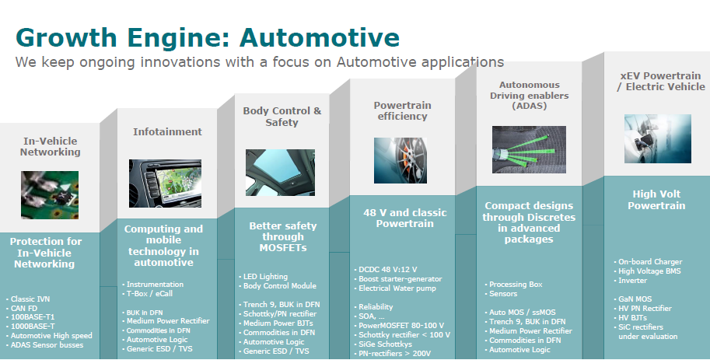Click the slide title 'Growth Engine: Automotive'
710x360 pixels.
coord(208,37)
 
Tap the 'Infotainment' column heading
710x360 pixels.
coord(167,131)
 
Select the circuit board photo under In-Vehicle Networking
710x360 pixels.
coord(50,195)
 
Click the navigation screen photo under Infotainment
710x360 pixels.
coord(166,183)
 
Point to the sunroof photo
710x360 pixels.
coord(280,173)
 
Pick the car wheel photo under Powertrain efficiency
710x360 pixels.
coord(400,160)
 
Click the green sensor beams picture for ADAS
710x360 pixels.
coord(529,149)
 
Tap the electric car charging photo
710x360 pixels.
coord(658,138)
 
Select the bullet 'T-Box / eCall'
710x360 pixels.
coord(148,293)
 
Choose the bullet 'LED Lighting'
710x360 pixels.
coord(263,277)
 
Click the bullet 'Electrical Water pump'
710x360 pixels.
coord(395,288)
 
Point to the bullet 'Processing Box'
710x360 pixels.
coord(513,285)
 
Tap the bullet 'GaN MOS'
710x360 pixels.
coord(633,299)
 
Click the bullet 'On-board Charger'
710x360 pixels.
coord(648,262)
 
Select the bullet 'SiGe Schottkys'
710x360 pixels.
coord(383,344)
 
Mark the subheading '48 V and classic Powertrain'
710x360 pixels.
coord(405,218)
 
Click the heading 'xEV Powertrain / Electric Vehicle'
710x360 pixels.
coord(661,82)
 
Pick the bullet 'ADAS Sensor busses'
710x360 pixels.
coord(45,345)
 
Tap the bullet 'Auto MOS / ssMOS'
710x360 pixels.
coord(519,313)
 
